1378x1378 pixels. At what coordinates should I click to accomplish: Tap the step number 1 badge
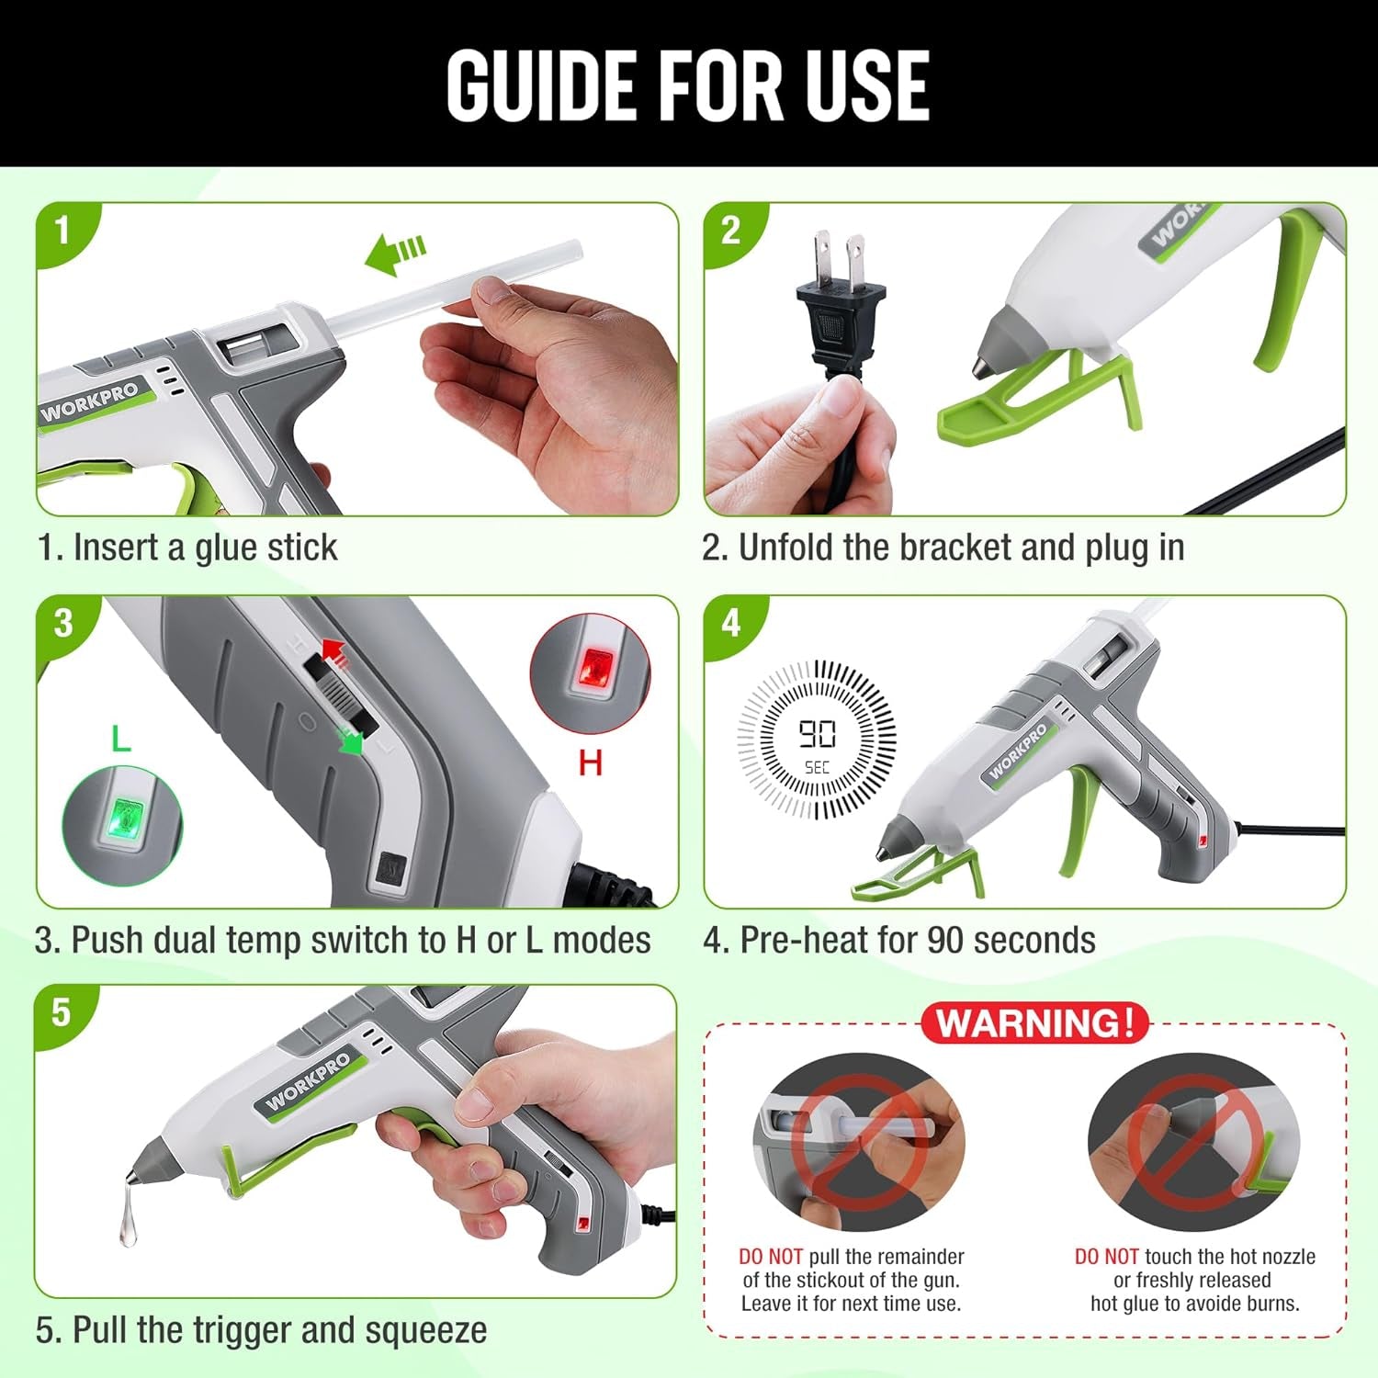click(x=62, y=230)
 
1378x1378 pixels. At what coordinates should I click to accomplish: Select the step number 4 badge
click(x=730, y=623)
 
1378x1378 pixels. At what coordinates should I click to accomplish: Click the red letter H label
click(x=590, y=762)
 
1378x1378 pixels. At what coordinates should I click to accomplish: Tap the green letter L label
click(x=120, y=738)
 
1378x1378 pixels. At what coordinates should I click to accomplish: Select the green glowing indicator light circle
click(x=122, y=825)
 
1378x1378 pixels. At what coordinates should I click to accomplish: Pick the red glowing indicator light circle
click(x=590, y=673)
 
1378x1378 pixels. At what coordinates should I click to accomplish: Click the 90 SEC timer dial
click(x=817, y=739)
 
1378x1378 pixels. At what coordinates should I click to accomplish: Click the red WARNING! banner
click(x=1035, y=1022)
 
